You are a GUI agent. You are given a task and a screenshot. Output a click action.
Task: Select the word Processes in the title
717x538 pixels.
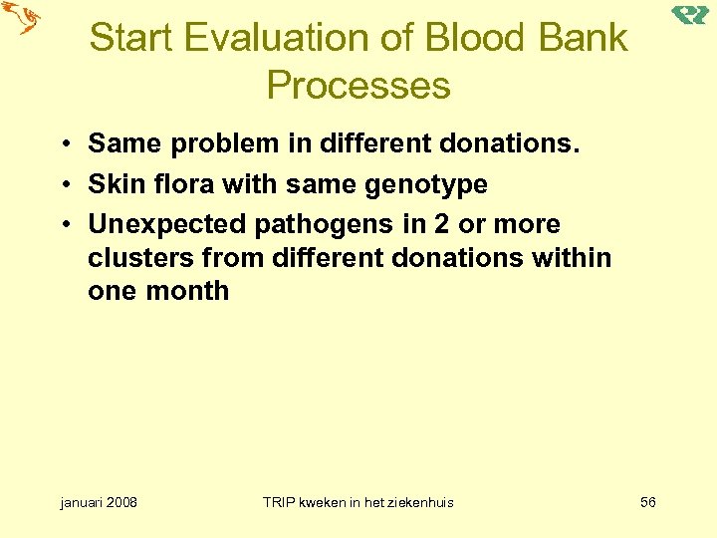(358, 86)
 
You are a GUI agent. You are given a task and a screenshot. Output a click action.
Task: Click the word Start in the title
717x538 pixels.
(131, 38)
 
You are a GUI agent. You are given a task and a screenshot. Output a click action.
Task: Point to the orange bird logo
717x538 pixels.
(20, 18)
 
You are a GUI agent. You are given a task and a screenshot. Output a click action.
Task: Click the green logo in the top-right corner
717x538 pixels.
(690, 15)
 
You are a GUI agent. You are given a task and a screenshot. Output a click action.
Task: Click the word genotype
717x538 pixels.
(430, 184)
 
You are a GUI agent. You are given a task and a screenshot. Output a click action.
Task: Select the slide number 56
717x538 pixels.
(647, 502)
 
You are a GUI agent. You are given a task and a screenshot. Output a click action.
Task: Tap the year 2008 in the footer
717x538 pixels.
(119, 502)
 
